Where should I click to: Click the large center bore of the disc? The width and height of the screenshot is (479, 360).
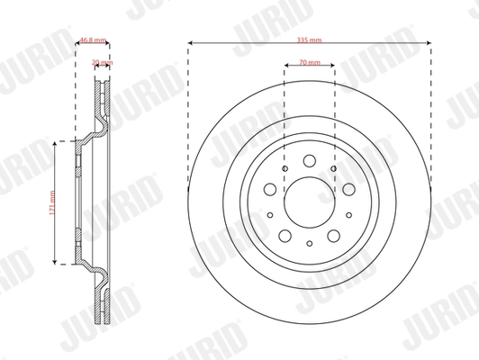pos(309,202)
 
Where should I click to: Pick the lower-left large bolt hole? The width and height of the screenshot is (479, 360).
pos(285,236)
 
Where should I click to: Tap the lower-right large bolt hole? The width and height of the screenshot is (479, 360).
pos(333,236)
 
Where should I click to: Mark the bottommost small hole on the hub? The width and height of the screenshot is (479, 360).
pos(309,244)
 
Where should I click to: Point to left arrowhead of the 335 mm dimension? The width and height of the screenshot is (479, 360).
pos(192,42)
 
